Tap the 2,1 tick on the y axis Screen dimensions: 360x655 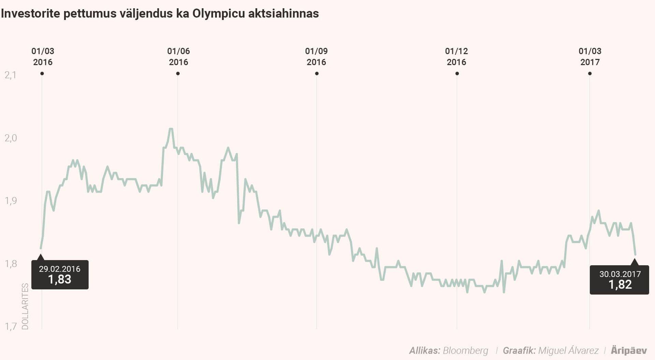pos(11,75)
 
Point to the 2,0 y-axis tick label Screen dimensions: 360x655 pos(11,138)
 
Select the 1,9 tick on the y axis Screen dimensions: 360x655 pos(11,200)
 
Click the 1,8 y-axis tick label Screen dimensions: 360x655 pos(11,264)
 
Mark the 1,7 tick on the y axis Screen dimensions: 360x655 pos(11,327)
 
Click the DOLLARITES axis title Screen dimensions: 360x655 pos(25,306)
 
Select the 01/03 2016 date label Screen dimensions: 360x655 pos(43,57)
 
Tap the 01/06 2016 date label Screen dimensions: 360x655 pos(178,57)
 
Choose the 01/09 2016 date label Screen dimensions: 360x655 pos(316,57)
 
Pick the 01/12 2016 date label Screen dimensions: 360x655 pos(456,57)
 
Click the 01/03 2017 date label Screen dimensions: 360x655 pos(590,57)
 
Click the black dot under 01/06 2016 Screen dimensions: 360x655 pos(178,74)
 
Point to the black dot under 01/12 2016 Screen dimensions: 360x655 pos(457,74)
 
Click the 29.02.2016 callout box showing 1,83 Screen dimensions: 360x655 pos(60,275)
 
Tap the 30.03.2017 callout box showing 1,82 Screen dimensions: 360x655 pos(619,280)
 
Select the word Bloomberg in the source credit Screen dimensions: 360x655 pos(465,350)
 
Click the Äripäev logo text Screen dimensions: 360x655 pos(629,350)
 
